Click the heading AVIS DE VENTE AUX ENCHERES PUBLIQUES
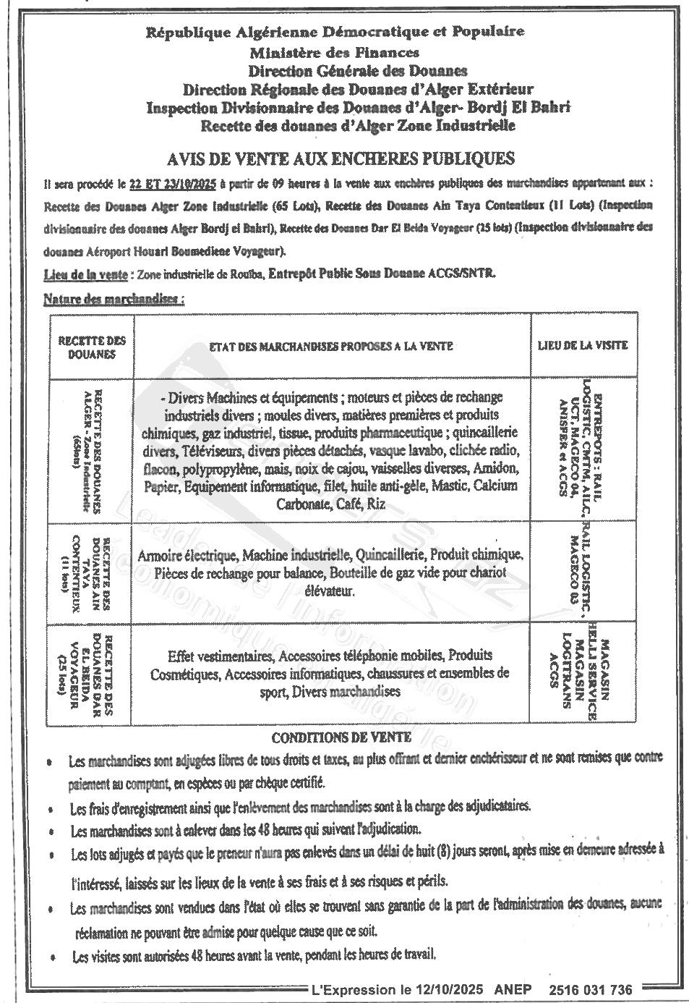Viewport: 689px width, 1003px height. click(x=340, y=158)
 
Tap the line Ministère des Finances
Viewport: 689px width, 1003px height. click(x=334, y=52)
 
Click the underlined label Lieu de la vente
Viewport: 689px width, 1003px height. click(x=85, y=275)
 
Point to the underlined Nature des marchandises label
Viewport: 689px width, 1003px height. click(x=113, y=298)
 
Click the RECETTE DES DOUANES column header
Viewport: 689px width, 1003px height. click(x=92, y=347)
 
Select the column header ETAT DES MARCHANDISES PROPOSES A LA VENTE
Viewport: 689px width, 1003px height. click(x=331, y=347)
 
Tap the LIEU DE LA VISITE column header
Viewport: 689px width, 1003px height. click(x=583, y=345)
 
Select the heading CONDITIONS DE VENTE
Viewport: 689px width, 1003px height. click(x=341, y=738)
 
